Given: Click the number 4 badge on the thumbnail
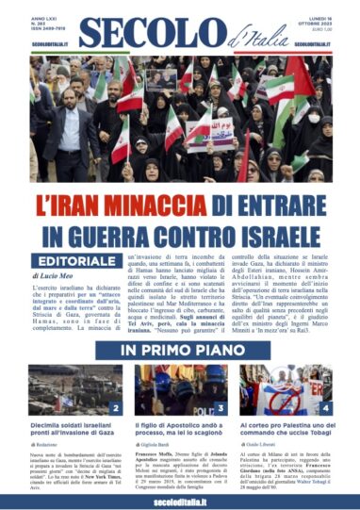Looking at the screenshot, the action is [324, 408].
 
